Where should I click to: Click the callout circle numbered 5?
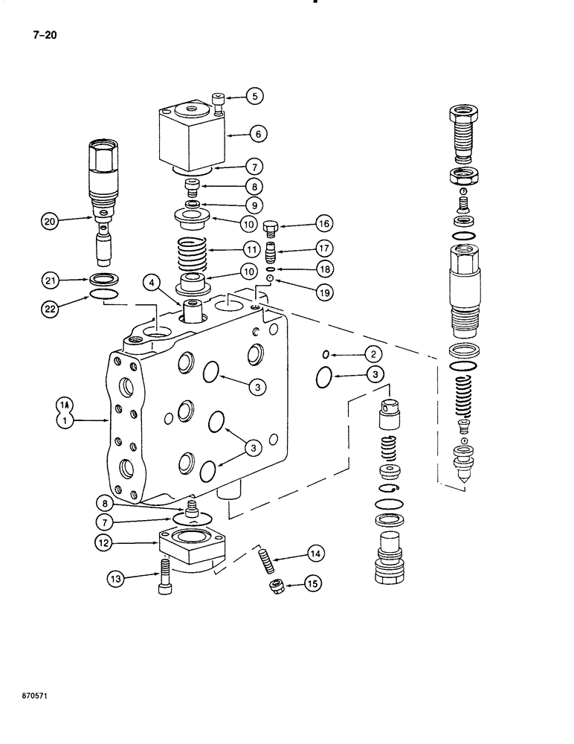click(254, 96)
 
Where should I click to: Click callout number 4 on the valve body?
click(152, 282)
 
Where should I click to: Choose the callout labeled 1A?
click(65, 405)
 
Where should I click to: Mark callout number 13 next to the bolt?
click(116, 577)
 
